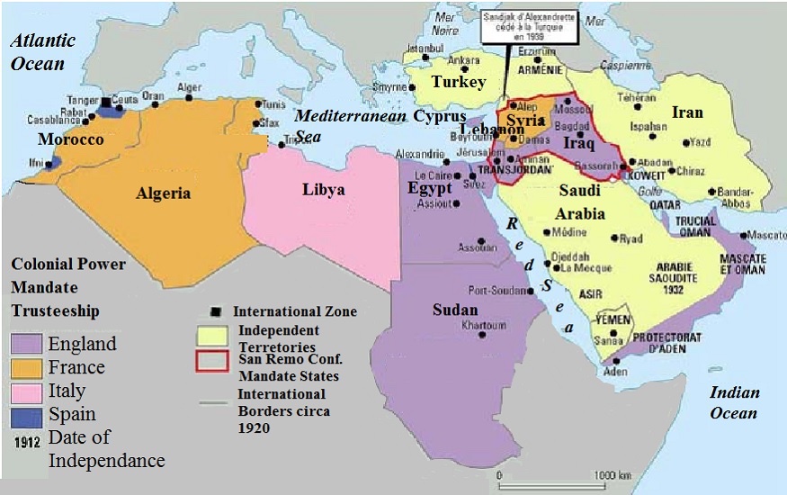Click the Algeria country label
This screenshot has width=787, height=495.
pyautogui.click(x=163, y=193)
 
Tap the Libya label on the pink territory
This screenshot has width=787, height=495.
pyautogui.click(x=322, y=191)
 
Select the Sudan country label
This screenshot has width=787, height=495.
pyautogui.click(x=455, y=310)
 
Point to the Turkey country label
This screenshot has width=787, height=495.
pyautogui.click(x=458, y=82)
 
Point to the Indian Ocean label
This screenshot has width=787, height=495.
pyautogui.click(x=734, y=402)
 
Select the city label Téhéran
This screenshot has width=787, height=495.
pyautogui.click(x=637, y=97)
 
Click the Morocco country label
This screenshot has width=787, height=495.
pyautogui.click(x=71, y=140)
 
